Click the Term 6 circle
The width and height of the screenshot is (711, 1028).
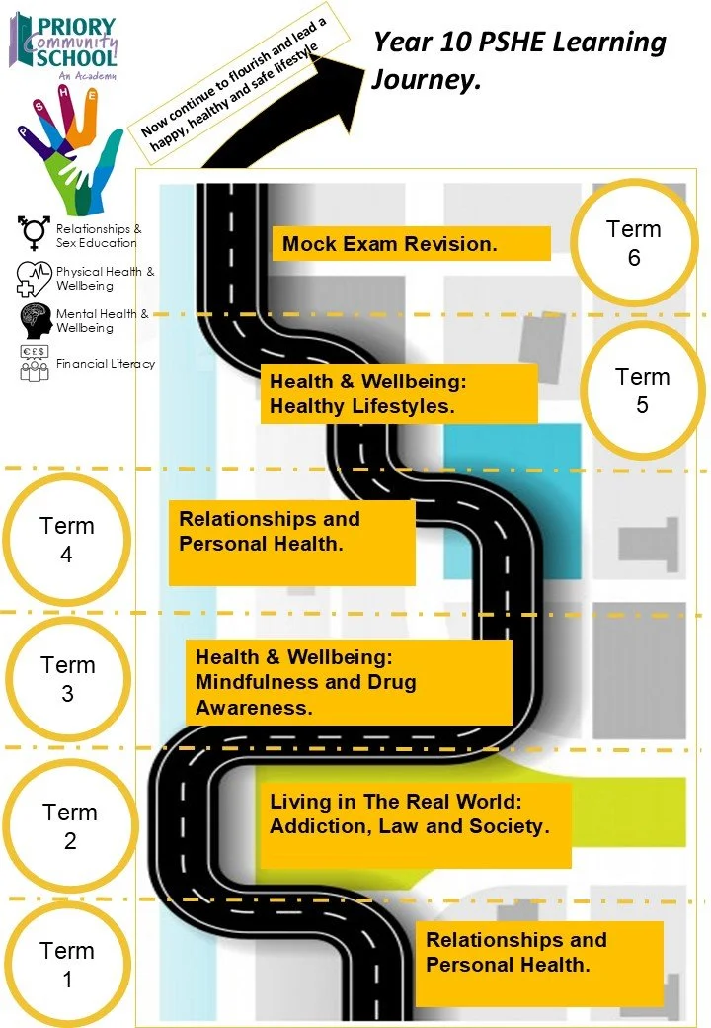pos(633,243)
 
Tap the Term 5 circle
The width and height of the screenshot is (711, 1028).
pos(642,390)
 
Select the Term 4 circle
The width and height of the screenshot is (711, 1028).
pos(66,540)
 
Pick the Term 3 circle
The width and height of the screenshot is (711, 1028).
pos(67,679)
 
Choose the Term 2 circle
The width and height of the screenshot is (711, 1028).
pos(69,826)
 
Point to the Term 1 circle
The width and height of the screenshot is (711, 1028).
pos(66,965)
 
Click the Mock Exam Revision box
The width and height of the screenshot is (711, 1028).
pos(411,243)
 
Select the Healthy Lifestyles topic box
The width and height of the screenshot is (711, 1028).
pos(399,393)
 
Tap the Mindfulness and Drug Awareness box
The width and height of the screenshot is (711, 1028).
pos(349,682)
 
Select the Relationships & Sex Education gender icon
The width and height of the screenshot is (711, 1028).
pos(35,233)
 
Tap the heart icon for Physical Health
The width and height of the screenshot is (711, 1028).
pos(35,278)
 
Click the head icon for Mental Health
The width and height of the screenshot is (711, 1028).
pos(36,320)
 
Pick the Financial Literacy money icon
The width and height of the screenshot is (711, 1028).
pos(35,364)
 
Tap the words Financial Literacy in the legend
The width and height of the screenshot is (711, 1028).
pos(106,364)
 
